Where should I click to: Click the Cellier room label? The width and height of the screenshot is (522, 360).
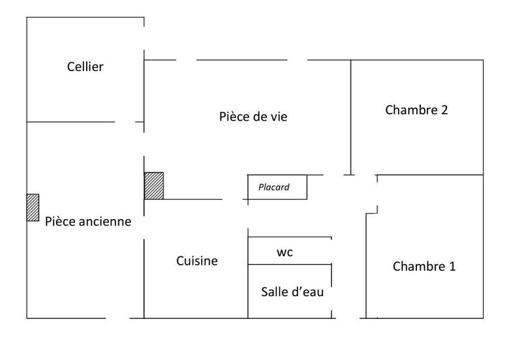click(x=85, y=67)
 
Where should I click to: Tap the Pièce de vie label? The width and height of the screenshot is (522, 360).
click(x=253, y=117)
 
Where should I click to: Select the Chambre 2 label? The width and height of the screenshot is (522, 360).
click(x=416, y=110)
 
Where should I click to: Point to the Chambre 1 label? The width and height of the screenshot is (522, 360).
click(x=424, y=266)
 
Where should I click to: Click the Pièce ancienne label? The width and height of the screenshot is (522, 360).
click(x=88, y=221)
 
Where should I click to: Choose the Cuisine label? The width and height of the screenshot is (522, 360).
click(x=197, y=261)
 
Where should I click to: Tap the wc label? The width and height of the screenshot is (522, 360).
click(x=284, y=252)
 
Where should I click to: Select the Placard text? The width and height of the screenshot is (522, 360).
click(x=274, y=187)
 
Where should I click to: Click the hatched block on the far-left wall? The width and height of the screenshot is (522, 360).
click(x=33, y=207)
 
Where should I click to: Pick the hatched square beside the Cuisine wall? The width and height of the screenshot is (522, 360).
click(x=154, y=186)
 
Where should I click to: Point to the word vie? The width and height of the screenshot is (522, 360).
click(x=278, y=117)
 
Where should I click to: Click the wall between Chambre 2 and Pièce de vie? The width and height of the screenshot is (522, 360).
click(x=352, y=117)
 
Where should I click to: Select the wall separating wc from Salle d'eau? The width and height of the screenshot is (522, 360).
click(x=290, y=264)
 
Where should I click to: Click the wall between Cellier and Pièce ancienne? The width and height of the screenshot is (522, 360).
click(x=70, y=122)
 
